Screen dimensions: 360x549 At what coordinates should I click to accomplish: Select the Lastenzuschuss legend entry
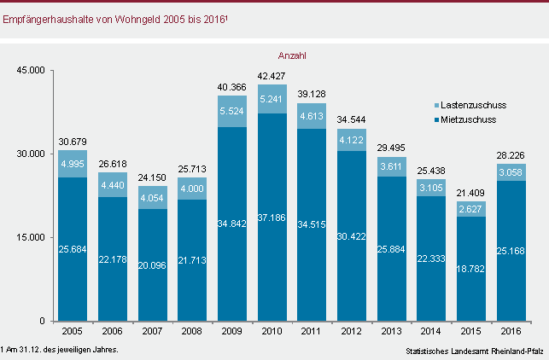[470, 104]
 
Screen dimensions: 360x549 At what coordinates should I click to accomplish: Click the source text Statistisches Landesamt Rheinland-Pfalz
[475, 351]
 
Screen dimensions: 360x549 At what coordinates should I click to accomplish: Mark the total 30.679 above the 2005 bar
[73, 141]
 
